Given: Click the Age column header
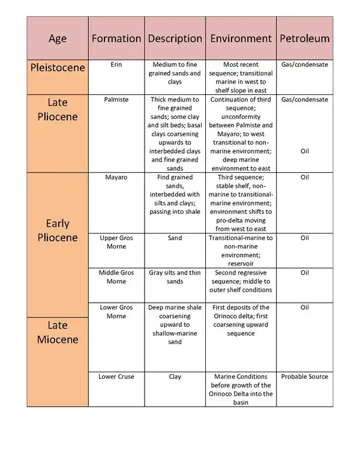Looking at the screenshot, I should point(58,38).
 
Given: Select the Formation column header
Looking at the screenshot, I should point(116,38).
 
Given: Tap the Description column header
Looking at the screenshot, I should point(175,38).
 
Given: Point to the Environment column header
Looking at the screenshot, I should point(241,38).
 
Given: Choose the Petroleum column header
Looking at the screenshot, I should point(305,38).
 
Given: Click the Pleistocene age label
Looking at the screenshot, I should point(58,67).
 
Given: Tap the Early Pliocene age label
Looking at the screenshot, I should point(58,231).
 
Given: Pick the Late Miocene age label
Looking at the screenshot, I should point(58,332).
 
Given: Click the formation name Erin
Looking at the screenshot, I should point(116,64).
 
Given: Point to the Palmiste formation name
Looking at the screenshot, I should point(116,99).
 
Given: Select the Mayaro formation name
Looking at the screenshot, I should point(116,178).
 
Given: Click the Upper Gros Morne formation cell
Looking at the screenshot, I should point(116,243).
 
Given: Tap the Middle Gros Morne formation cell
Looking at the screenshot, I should point(116,277).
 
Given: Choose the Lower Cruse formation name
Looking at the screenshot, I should point(116,377).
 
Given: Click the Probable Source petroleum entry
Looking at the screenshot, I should point(305,377).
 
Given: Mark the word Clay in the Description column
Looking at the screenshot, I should point(175,377).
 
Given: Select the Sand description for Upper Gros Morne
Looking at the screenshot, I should point(175,238).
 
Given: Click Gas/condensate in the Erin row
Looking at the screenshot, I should point(305,64).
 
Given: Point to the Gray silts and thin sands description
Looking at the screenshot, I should point(175,277).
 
